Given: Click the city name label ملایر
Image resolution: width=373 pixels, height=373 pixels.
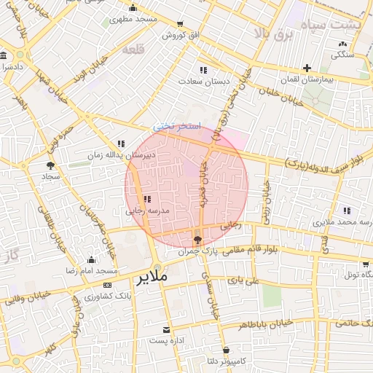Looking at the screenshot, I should (152, 278).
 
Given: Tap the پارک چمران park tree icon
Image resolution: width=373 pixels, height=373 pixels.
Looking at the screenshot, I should (197, 240).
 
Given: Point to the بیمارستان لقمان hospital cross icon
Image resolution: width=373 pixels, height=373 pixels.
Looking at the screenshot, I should (307, 68).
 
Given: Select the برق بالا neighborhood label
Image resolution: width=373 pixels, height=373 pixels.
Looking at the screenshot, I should (278, 34).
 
